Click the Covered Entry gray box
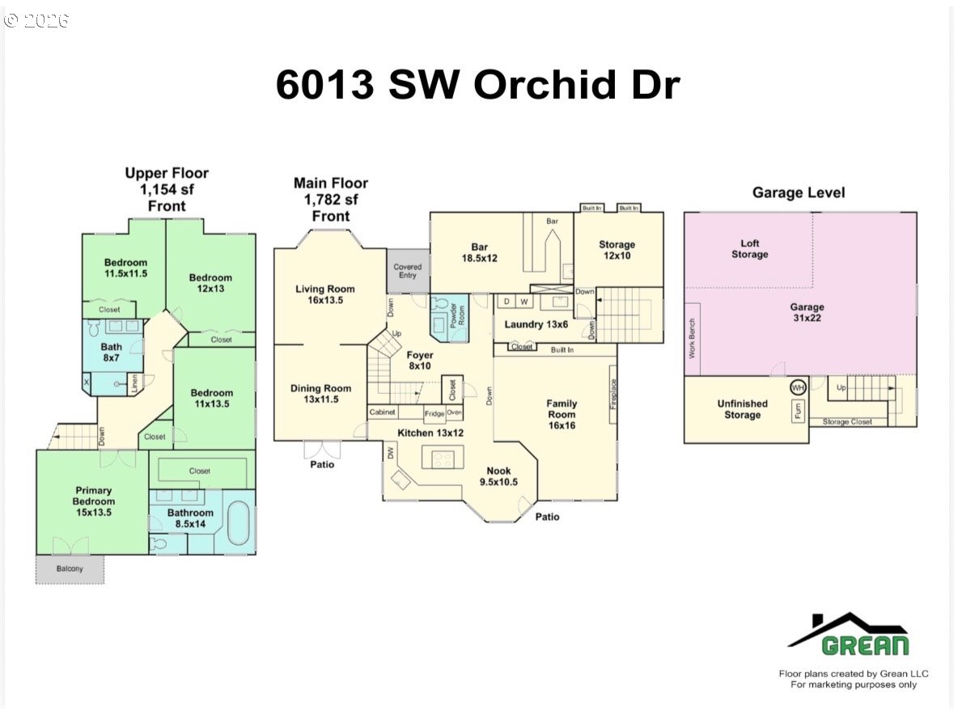click(x=408, y=271)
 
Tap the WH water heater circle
click(x=798, y=387)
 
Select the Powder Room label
click(x=457, y=315)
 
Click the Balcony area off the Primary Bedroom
click(x=70, y=569)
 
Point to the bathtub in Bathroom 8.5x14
click(x=239, y=523)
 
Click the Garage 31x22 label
click(x=807, y=312)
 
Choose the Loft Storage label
click(x=749, y=248)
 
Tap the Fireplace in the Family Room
click(x=613, y=393)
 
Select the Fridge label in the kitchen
click(x=435, y=413)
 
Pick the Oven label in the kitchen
click(x=455, y=412)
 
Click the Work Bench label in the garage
click(x=692, y=339)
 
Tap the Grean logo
click(x=850, y=634)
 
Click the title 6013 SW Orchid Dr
click(x=477, y=84)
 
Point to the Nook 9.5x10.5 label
click(x=499, y=476)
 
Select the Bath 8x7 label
click(x=112, y=352)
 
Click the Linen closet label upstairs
click(x=135, y=383)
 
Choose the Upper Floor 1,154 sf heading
click(x=167, y=189)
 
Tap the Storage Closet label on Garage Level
click(x=847, y=422)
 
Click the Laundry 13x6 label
click(x=536, y=324)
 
